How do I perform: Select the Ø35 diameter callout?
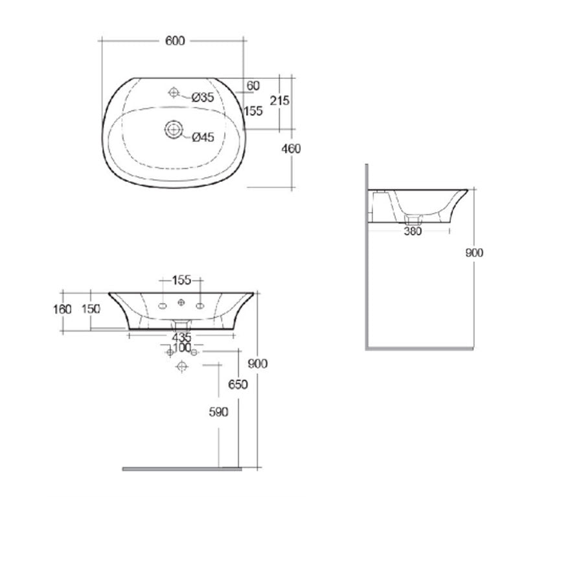pyautogui.click(x=203, y=97)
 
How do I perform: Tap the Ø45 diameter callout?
pyautogui.click(x=203, y=136)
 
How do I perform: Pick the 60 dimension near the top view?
pyautogui.click(x=253, y=86)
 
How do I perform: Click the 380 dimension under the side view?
pyautogui.click(x=413, y=231)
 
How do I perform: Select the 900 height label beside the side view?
pyautogui.click(x=475, y=253)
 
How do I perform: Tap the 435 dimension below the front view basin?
pyautogui.click(x=181, y=337)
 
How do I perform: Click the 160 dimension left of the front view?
pyautogui.click(x=63, y=309)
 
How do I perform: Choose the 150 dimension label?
pyautogui.click(x=91, y=309)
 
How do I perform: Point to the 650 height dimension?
pyautogui.click(x=238, y=384)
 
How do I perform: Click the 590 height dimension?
pyautogui.click(x=219, y=413)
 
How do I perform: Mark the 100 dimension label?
pyautogui.click(x=182, y=349)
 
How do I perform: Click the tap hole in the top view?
pyautogui.click(x=174, y=93)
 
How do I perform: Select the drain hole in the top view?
pyautogui.click(x=173, y=129)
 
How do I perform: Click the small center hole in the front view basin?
pyautogui.click(x=182, y=303)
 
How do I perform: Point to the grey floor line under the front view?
pyautogui.click(x=182, y=468)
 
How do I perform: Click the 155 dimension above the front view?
pyautogui.click(x=182, y=280)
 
